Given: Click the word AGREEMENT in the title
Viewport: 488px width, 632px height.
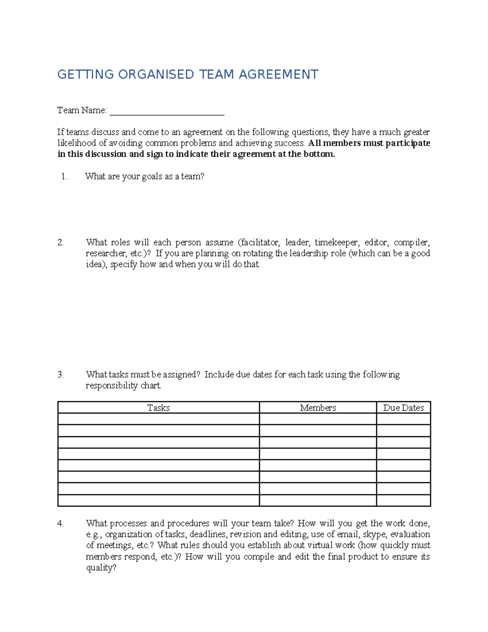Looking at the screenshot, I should tap(278, 74).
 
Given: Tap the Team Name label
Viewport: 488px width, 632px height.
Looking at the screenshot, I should tap(82, 110).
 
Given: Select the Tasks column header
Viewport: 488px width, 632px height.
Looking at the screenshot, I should tap(158, 408).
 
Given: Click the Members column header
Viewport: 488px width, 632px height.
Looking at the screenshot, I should tap(318, 408).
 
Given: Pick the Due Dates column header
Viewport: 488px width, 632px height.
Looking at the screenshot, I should tap(403, 408).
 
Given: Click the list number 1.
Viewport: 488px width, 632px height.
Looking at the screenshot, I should tap(64, 177).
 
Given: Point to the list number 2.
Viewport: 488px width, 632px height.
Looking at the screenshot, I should tap(61, 243).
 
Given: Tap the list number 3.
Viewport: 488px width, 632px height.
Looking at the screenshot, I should tap(61, 375).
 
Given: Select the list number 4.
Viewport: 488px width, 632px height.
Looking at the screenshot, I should tap(61, 524).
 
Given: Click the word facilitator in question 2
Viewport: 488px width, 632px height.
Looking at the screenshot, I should tap(259, 243).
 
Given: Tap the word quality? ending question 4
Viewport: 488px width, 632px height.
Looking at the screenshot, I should tap(101, 568).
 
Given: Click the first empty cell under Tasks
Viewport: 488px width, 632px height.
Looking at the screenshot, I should tap(158, 419).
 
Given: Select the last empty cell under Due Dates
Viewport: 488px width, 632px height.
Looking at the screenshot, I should tap(403, 500).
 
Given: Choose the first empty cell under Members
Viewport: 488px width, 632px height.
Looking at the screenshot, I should tap(318, 419).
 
